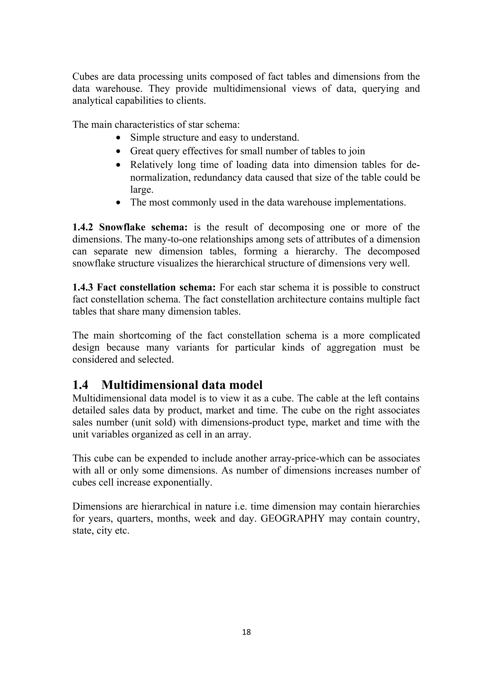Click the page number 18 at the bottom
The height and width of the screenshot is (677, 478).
point(246,632)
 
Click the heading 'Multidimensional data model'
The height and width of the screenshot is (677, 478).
point(182,385)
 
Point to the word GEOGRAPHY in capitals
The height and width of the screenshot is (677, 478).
point(292,518)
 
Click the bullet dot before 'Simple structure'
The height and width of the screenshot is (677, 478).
point(118,138)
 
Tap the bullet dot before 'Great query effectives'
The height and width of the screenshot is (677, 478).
point(118,151)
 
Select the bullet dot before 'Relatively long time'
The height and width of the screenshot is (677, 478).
point(118,165)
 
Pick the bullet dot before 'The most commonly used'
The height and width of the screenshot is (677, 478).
point(118,203)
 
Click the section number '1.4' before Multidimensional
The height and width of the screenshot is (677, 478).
point(80,385)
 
